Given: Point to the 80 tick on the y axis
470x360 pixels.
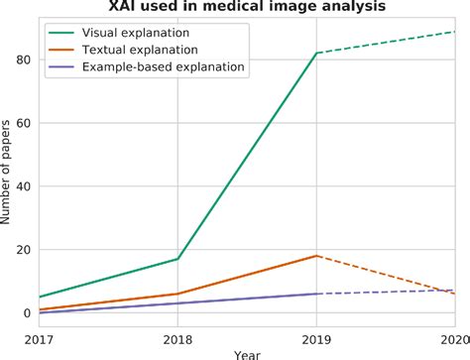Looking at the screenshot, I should tap(24, 60).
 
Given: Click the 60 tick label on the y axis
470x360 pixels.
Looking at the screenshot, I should tap(24, 123).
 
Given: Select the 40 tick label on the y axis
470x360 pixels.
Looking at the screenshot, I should tap(24, 186).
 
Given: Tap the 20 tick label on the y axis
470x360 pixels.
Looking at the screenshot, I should tap(24, 250).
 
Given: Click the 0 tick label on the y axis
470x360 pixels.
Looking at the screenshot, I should tap(28, 313).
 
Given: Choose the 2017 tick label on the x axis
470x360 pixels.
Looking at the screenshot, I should tap(40, 339).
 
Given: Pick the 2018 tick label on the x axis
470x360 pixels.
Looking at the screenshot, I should tap(177, 339).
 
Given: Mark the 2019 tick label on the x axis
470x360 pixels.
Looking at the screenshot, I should tap(316, 339).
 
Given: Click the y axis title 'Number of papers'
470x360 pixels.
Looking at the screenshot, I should tap(8, 186).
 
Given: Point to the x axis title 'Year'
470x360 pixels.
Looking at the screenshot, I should tap(247, 354).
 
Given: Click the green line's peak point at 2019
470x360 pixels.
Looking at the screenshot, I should tap(316, 54).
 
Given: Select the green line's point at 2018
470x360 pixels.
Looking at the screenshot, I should tap(177, 259).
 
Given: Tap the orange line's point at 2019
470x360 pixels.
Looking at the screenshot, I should tap(316, 256).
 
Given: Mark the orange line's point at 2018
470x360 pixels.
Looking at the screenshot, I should tap(177, 294).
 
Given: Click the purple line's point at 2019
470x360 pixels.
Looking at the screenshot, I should tap(316, 294).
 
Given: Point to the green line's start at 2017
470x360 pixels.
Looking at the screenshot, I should tap(40, 297).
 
